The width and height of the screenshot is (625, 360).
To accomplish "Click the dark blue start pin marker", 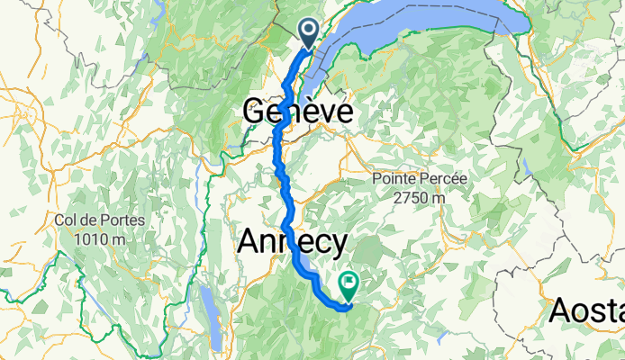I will pos(308,33).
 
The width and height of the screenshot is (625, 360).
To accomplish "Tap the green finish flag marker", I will pos(349,284).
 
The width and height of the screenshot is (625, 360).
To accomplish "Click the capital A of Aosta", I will pos(559,310).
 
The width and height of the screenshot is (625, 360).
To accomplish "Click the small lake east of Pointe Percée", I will pos(524,167).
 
